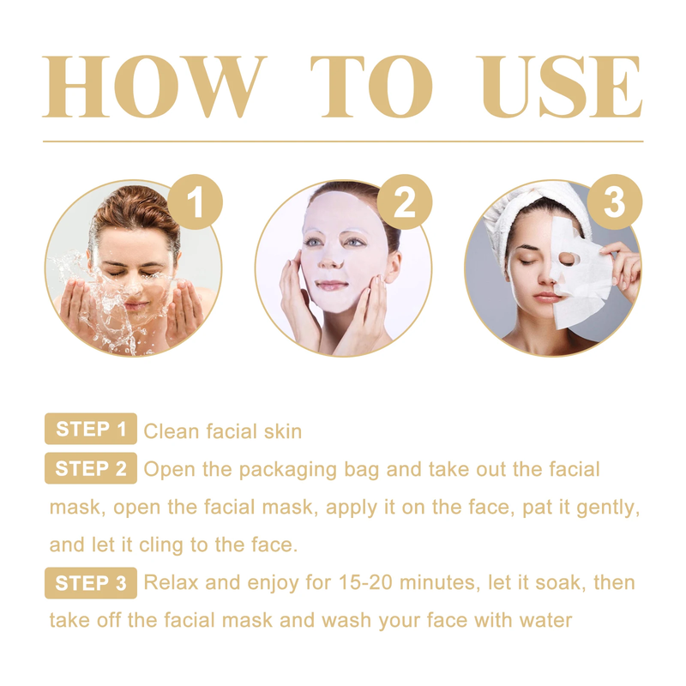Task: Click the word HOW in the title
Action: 154,87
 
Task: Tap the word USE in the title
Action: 560,87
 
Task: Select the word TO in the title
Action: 371,87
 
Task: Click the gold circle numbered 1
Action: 196,202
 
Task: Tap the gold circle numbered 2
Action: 405,202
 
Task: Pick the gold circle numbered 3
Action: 614,202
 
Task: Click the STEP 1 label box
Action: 91,429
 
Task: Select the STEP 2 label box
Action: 91,468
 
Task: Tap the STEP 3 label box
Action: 91,583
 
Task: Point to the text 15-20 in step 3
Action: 365,583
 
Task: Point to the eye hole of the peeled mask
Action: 568,260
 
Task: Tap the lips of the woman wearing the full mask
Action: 332,286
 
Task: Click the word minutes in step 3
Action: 437,583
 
